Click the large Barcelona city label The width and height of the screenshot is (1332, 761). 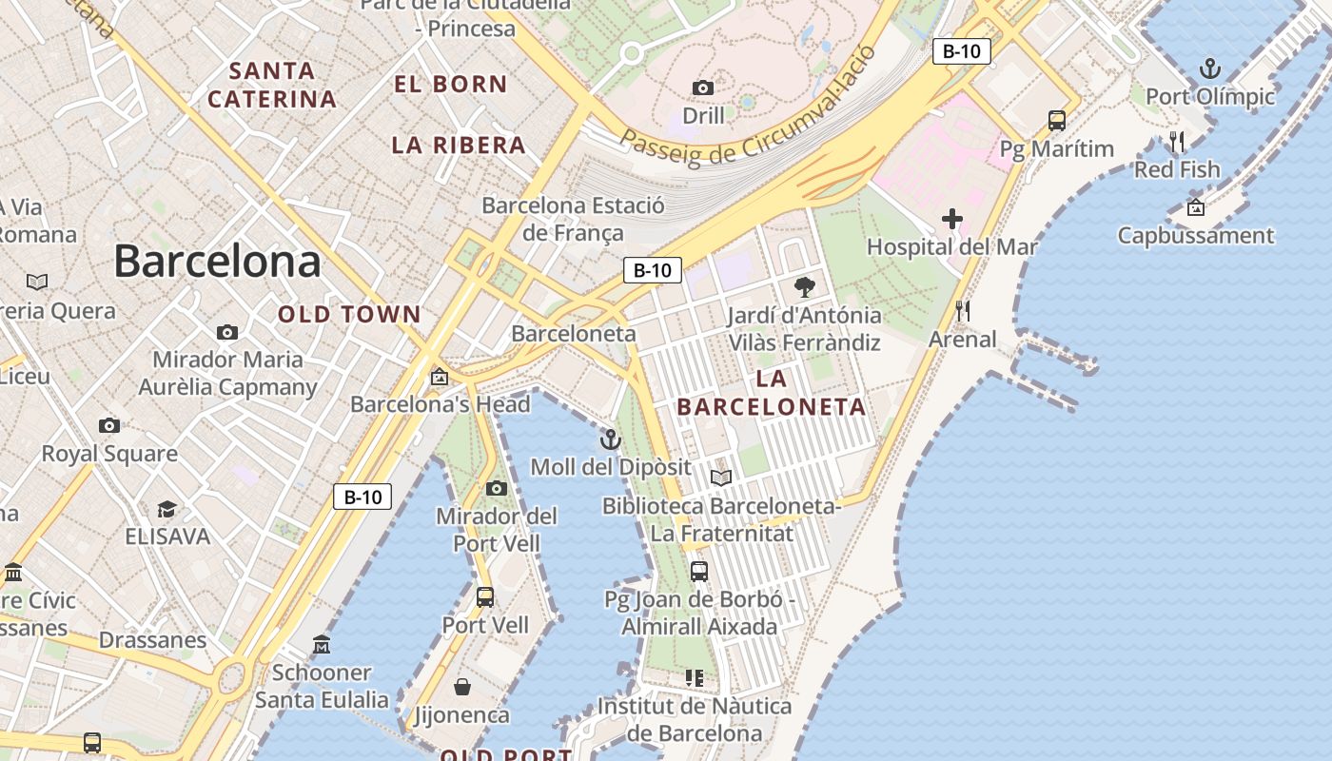click(217, 261)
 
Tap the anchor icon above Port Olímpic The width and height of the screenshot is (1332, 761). click(1209, 68)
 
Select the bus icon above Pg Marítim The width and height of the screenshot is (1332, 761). click(1056, 121)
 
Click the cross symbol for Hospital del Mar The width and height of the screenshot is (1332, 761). click(951, 220)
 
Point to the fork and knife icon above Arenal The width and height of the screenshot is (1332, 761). click(962, 311)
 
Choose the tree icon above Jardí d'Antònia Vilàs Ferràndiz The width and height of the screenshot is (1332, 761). click(804, 287)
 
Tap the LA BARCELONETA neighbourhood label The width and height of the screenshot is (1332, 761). click(772, 393)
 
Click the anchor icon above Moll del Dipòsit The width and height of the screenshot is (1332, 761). click(610, 439)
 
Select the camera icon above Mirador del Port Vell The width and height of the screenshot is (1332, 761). click(496, 489)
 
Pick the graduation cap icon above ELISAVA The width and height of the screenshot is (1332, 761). click(166, 509)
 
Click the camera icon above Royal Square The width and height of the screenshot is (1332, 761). click(109, 425)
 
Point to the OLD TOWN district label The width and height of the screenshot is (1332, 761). click(349, 314)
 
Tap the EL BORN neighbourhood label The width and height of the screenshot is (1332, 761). click(451, 84)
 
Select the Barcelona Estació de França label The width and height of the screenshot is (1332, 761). click(573, 219)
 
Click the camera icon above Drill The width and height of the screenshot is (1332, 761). click(703, 88)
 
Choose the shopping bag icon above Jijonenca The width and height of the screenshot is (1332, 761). click(461, 687)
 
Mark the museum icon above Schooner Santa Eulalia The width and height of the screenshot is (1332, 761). click(322, 645)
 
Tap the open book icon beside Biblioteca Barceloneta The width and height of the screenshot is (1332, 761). click(721, 478)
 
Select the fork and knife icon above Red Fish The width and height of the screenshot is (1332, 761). click(1177, 142)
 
